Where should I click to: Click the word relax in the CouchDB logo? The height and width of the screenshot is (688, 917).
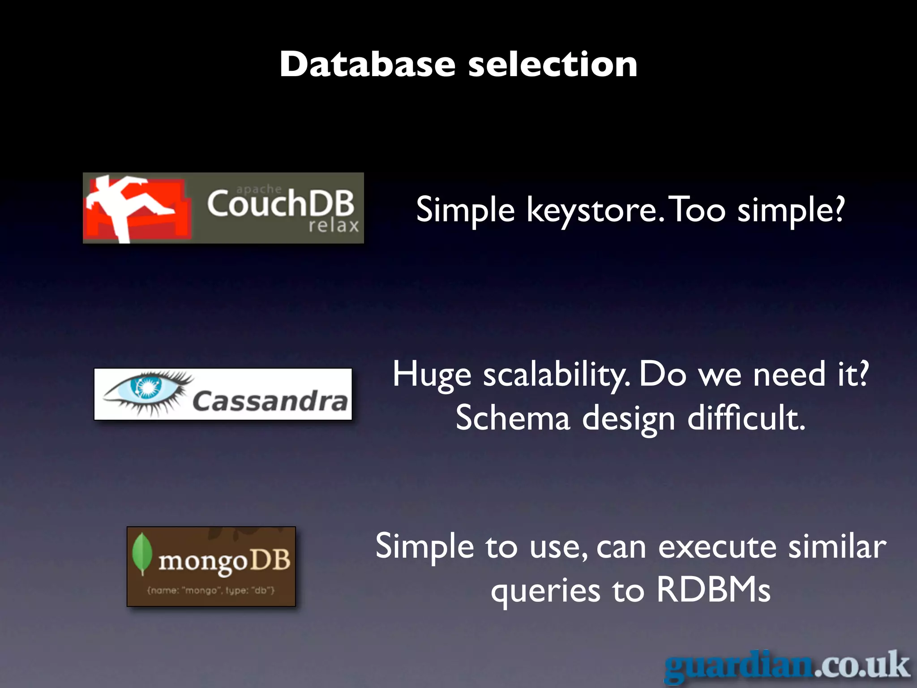(334, 226)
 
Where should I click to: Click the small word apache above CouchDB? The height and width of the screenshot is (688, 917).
(259, 189)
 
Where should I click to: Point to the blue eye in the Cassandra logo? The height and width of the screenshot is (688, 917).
(146, 386)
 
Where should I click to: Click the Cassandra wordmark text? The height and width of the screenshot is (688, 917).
(270, 401)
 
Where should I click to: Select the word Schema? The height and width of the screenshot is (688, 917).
(513, 417)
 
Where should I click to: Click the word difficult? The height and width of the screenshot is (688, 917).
(746, 417)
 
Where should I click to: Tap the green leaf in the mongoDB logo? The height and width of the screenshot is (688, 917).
(142, 554)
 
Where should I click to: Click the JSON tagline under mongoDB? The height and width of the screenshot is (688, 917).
(211, 590)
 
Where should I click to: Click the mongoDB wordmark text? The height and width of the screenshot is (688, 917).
(224, 561)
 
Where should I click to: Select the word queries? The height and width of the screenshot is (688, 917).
(545, 591)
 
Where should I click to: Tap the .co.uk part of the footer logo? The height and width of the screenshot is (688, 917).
(862, 665)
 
